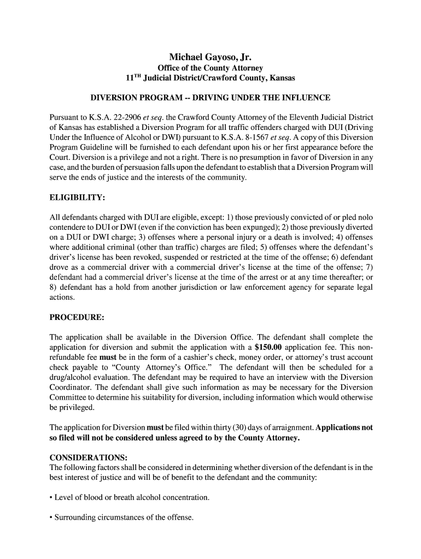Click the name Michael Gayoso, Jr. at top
tap(210, 57)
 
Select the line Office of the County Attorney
tap(210, 68)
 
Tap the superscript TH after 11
tap(137, 76)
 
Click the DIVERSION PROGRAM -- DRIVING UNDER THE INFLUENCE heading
tap(210, 98)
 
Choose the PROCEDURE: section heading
tap(77, 317)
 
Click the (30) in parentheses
tap(212, 428)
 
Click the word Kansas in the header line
tap(279, 78)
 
